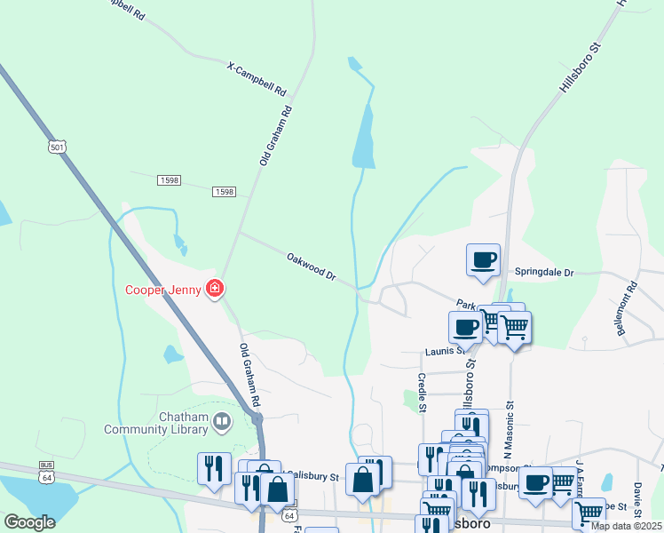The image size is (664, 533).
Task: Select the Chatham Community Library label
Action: click(x=161, y=424)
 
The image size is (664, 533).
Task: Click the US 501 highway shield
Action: click(x=57, y=146)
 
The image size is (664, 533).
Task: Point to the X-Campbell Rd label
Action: click(x=257, y=79)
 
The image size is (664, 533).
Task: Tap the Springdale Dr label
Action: click(x=544, y=272)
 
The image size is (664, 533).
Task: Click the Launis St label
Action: click(x=444, y=351)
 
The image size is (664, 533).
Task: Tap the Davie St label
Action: click(x=637, y=497)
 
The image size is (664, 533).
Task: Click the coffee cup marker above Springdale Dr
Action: click(x=483, y=260)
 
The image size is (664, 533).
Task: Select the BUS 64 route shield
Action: click(x=47, y=469)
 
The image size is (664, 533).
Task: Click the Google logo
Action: click(x=29, y=522)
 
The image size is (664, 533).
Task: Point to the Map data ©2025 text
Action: click(x=626, y=526)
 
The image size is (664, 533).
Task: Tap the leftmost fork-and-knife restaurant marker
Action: click(x=213, y=468)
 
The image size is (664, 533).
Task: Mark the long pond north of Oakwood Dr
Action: click(x=364, y=138)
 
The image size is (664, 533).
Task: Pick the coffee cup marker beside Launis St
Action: click(x=466, y=327)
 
